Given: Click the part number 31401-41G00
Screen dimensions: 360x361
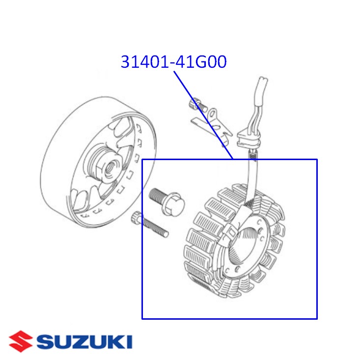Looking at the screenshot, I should pos(173,62).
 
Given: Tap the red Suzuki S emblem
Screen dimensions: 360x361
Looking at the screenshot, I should pos(21,341).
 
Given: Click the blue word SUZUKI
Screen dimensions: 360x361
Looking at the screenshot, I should pos(84,341).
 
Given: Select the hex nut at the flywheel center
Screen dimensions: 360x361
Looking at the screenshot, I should pos(105,166).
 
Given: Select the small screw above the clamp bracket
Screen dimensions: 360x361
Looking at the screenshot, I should pos(197,104).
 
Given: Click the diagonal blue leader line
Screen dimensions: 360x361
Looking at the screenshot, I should pos(202,115).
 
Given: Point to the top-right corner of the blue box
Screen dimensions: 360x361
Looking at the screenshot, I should pos(317,160).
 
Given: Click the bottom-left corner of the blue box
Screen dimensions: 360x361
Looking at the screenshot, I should pos(142,319).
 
